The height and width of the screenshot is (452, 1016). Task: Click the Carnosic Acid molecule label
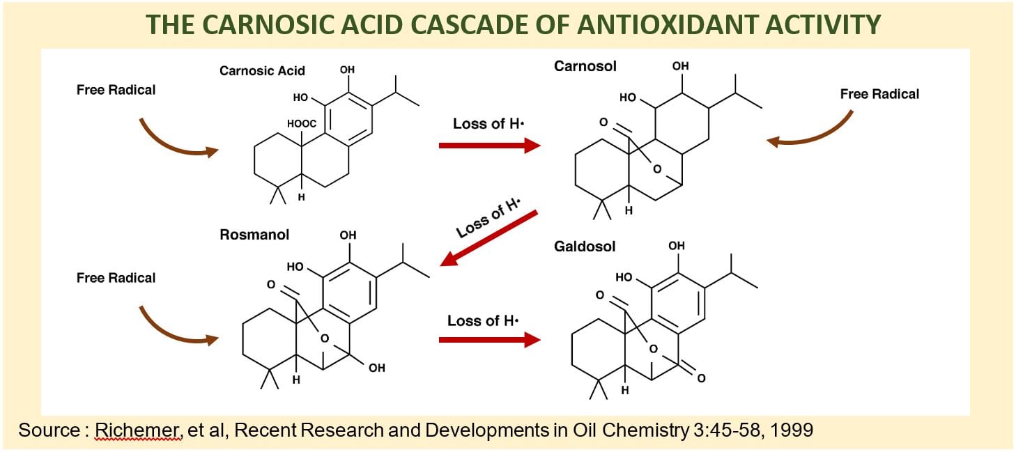pyautogui.click(x=262, y=71)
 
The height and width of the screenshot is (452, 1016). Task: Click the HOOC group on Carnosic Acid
pyautogui.click(x=301, y=124)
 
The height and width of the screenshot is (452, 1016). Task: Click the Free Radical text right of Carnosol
pyautogui.click(x=879, y=94)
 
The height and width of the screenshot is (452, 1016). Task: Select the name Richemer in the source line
pyautogui.click(x=138, y=430)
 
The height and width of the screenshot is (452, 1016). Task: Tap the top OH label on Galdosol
pyautogui.click(x=676, y=246)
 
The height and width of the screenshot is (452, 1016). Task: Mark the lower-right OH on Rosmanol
pyautogui.click(x=377, y=368)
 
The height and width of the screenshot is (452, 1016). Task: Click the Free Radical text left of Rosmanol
pyautogui.click(x=116, y=278)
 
